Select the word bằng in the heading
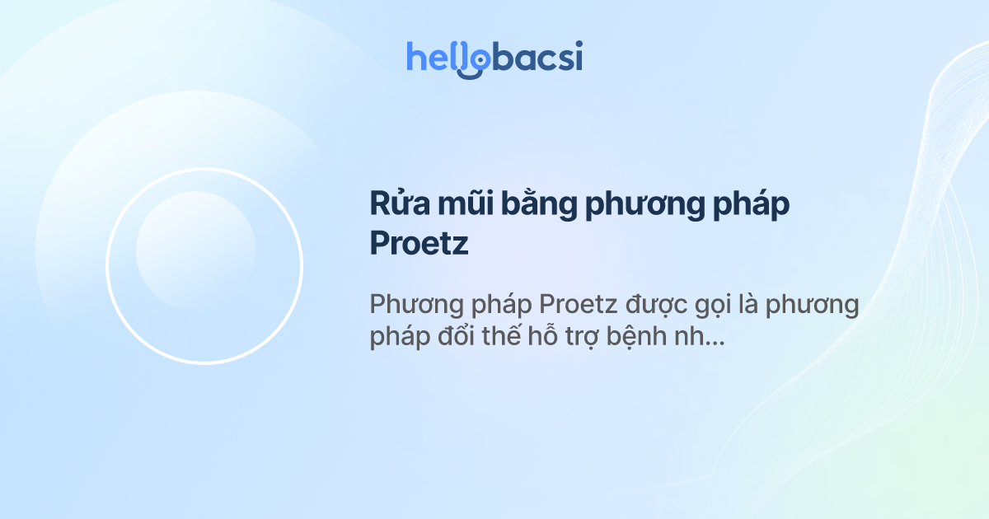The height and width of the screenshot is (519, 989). point(539,203)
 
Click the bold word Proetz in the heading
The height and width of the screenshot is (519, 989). point(419,243)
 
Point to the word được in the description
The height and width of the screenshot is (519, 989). point(657,306)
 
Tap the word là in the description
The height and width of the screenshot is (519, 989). point(748,304)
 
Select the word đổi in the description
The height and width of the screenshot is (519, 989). point(455,335)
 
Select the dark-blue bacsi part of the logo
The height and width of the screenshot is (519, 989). point(537,56)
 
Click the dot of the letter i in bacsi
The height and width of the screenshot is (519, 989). point(579,44)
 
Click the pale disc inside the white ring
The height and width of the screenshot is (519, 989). point(196,250)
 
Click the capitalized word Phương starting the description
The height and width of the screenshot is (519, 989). point(416,306)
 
